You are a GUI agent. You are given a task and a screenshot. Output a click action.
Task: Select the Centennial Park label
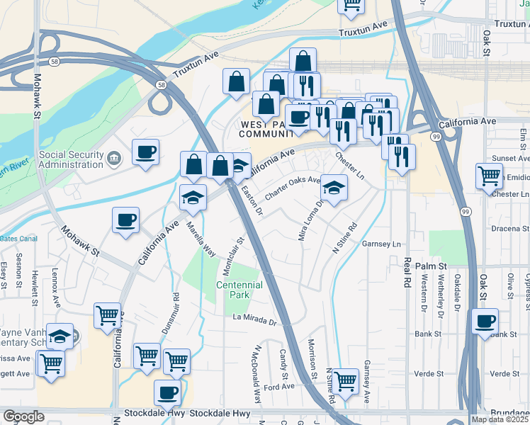point(239,290)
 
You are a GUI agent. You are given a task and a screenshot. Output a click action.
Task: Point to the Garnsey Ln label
point(381,244)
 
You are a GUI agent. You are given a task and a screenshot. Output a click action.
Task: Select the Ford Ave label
point(278,387)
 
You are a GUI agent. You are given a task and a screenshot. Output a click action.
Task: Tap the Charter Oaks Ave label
point(293,188)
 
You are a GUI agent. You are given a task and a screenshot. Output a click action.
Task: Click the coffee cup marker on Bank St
point(485,321)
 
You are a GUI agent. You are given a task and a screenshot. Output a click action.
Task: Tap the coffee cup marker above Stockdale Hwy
point(167,391)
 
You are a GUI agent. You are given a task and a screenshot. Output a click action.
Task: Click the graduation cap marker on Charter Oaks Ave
point(334,187)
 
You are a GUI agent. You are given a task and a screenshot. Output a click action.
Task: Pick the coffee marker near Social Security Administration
point(146,152)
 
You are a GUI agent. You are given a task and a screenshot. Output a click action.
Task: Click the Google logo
point(23,416)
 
